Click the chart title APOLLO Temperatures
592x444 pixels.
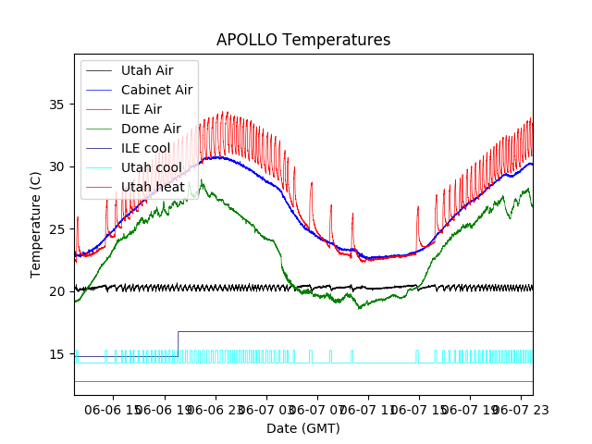click(x=303, y=40)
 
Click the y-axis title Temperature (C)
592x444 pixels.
click(x=36, y=225)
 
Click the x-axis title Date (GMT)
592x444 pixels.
click(x=303, y=428)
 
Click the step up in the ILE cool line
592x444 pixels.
click(x=179, y=343)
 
